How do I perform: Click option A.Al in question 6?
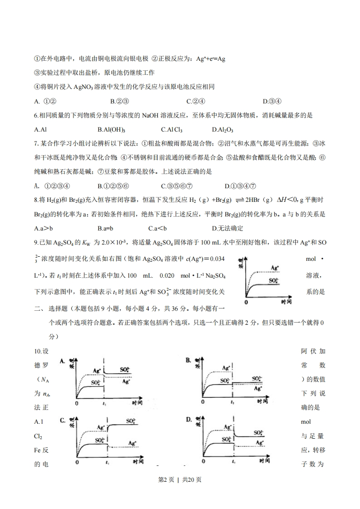click(x=40, y=129)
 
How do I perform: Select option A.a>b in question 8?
click(x=44, y=228)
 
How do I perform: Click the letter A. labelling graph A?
click(x=63, y=361)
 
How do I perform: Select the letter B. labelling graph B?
click(x=188, y=361)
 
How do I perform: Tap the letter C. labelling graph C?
click(x=63, y=421)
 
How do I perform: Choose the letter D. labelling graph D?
click(x=189, y=421)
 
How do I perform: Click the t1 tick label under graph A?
click(x=105, y=403)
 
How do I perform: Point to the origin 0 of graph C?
click(x=77, y=462)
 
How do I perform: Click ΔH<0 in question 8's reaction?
click(x=281, y=214)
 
